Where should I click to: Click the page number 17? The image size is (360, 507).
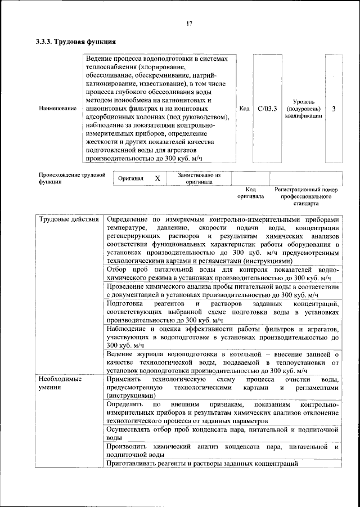pyautogui.click(x=190, y=23)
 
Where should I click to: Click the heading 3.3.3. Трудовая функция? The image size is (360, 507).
pyautogui.click(x=76, y=42)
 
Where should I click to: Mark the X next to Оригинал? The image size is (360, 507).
pyautogui.click(x=158, y=178)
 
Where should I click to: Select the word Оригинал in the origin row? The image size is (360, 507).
pyautogui.click(x=131, y=178)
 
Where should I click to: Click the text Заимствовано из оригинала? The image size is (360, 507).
pyautogui.click(x=199, y=178)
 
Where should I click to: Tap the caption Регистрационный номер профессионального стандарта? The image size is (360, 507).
pyautogui.click(x=305, y=197)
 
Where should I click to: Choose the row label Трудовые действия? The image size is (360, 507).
pyautogui.click(x=68, y=219)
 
